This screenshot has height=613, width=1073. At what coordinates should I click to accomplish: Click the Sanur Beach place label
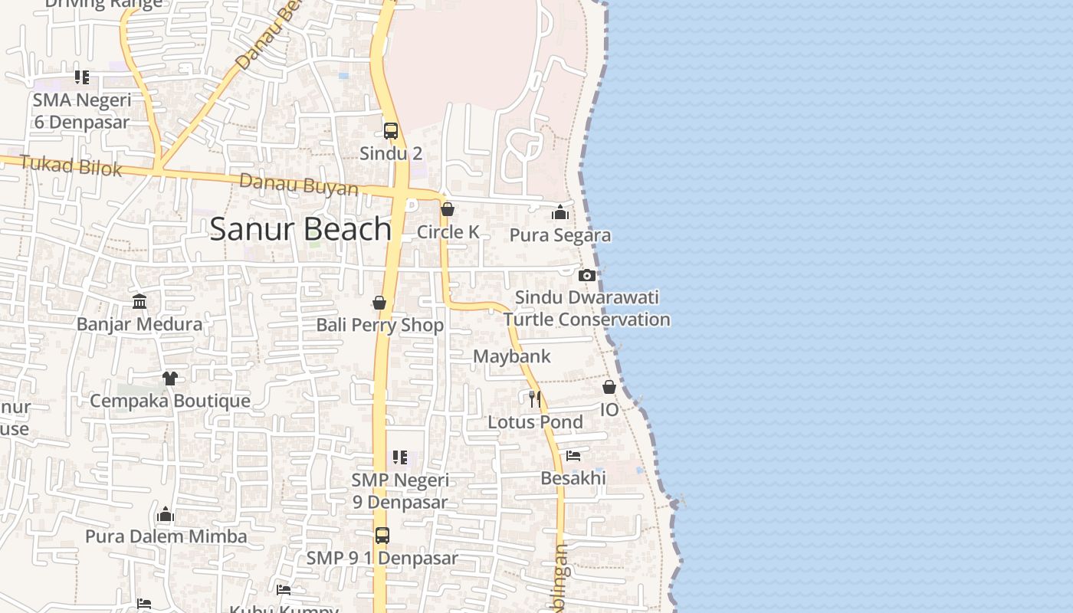[300, 229]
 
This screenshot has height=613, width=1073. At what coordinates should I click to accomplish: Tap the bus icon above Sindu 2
[391, 131]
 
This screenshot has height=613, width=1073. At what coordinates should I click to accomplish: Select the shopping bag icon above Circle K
[448, 209]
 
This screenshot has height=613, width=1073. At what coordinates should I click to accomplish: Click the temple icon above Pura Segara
[560, 212]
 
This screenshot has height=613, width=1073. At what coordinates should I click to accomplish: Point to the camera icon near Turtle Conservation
[587, 275]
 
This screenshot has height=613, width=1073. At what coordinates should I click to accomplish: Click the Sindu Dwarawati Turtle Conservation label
[586, 308]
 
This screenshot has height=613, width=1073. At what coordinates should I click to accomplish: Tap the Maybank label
[511, 356]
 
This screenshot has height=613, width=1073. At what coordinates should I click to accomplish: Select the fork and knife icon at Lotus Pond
[535, 398]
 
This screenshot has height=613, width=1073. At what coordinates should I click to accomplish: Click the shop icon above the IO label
[609, 387]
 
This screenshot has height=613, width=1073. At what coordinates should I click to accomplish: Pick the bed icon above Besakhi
[573, 456]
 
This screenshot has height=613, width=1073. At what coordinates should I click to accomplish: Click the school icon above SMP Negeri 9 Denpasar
[399, 457]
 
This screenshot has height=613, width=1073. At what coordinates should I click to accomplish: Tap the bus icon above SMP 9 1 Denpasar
[382, 536]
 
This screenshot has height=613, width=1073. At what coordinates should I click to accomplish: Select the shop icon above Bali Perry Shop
[379, 303]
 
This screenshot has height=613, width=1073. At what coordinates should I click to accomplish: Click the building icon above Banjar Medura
[139, 301]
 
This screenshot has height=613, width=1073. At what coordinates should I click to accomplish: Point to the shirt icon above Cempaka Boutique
[169, 379]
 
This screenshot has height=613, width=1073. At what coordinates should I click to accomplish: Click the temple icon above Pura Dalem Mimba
[166, 514]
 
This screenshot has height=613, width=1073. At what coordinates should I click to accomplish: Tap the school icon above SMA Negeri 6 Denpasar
[82, 77]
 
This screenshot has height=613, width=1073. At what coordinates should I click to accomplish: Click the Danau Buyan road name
[298, 185]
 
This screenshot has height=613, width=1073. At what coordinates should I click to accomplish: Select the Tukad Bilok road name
[71, 165]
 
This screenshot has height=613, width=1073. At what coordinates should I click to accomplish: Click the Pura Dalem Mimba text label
[166, 536]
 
